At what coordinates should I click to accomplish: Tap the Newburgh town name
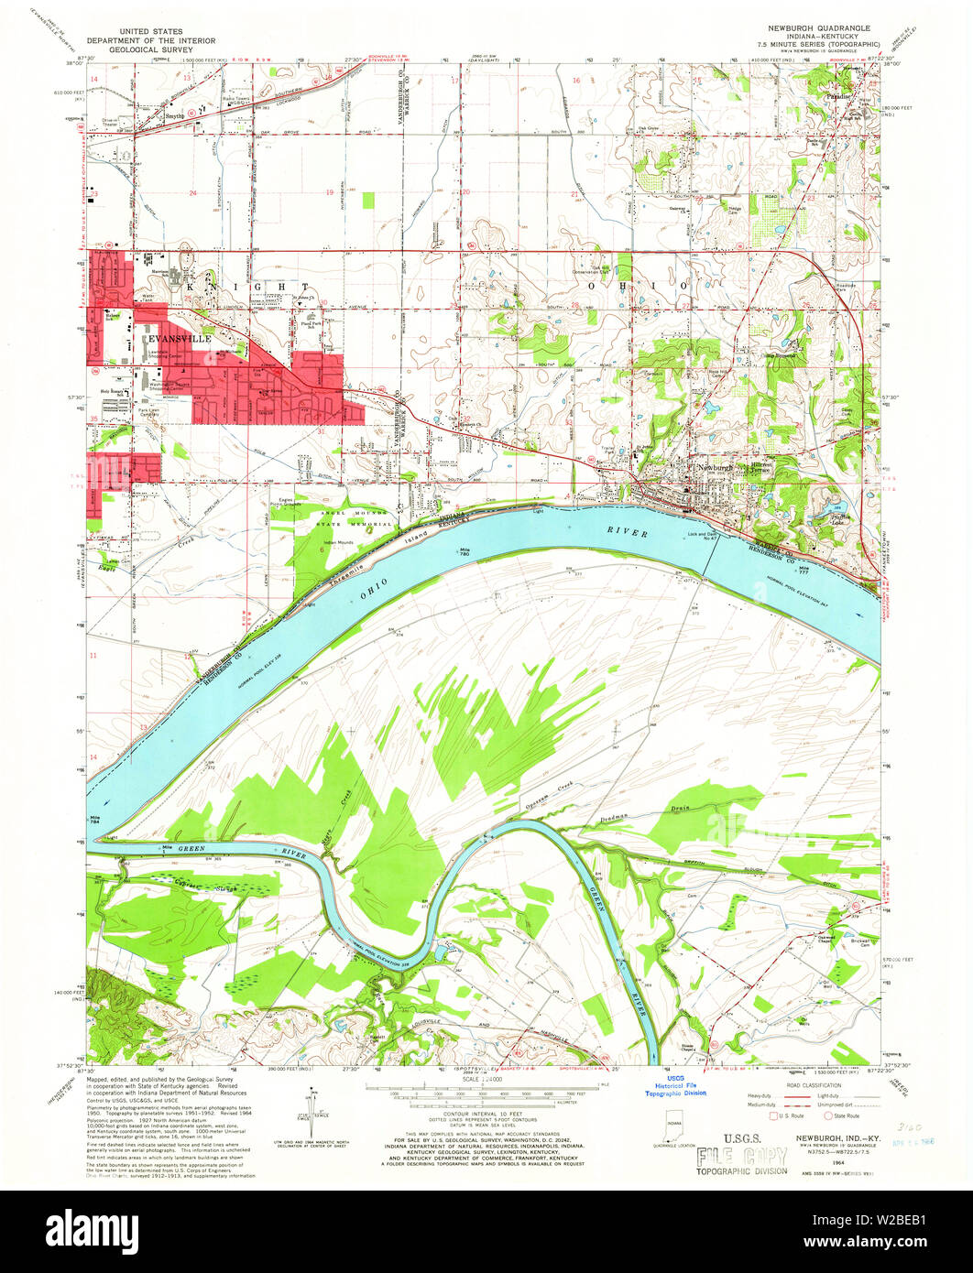click(712, 467)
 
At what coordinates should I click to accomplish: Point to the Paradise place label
click(841, 95)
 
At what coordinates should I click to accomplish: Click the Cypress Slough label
click(202, 884)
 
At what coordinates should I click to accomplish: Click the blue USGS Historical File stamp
click(675, 1086)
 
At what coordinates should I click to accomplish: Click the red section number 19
click(329, 192)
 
